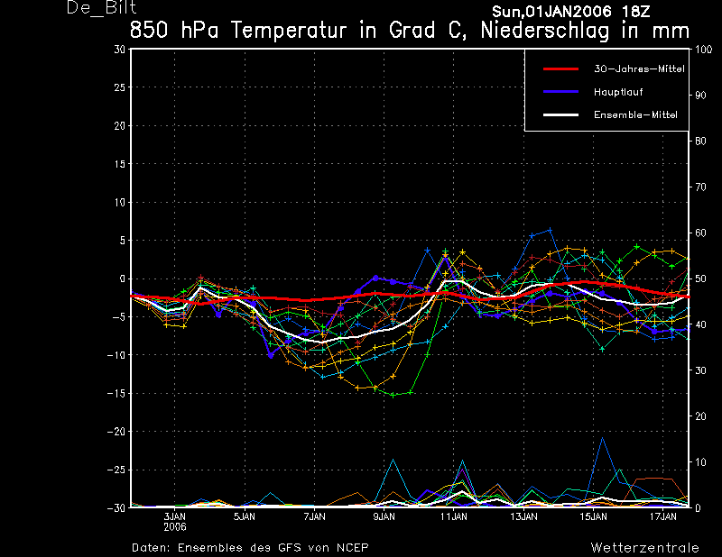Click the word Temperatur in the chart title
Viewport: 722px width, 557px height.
[288, 31]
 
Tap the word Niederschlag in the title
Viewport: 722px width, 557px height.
[545, 32]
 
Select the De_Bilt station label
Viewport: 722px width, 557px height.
[101, 8]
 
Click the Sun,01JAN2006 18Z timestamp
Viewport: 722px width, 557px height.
[571, 12]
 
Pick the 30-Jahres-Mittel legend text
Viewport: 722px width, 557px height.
[639, 69]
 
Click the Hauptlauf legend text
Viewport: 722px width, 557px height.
[618, 92]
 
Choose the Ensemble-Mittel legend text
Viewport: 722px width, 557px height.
[635, 115]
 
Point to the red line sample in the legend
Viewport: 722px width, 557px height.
[560, 69]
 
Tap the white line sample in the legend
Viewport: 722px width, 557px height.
[560, 115]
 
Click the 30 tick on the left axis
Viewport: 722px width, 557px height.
[120, 50]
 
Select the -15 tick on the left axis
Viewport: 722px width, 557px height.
[116, 393]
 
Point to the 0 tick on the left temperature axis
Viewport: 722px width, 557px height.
[123, 278]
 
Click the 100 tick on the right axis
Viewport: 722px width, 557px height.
[704, 50]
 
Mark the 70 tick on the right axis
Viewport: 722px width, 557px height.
[700, 187]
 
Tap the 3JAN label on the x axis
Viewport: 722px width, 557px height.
[174, 516]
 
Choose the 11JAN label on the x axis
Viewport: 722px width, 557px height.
[454, 516]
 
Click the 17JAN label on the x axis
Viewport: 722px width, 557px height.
[663, 516]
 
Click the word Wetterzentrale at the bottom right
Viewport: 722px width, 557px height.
[644, 548]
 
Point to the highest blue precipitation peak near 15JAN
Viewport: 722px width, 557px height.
[602, 438]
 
